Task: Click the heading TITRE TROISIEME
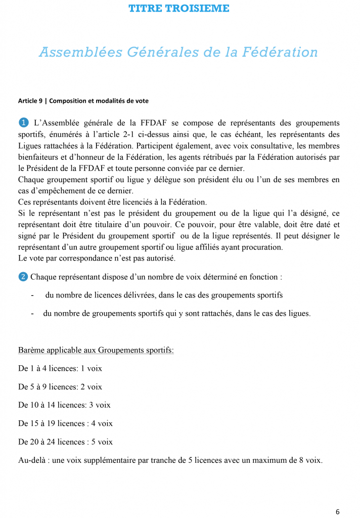click(179, 8)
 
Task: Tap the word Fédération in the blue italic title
click(283, 52)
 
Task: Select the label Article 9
click(30, 101)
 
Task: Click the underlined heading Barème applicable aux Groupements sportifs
click(96, 350)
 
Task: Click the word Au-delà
click(32, 460)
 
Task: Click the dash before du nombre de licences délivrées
click(32, 295)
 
